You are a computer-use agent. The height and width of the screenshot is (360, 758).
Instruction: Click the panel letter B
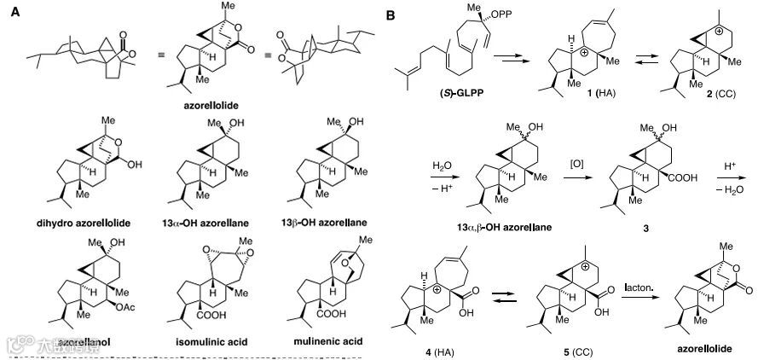tap(390, 15)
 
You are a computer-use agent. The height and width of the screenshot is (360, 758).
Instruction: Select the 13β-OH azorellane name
tap(322, 223)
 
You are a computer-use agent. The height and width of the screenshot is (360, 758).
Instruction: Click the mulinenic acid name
tap(326, 341)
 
